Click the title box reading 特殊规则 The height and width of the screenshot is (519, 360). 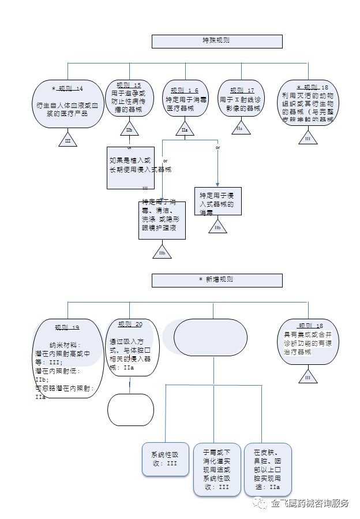[x=217, y=41]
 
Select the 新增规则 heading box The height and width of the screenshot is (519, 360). [x=217, y=280]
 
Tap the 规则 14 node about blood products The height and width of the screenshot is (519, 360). [x=67, y=104]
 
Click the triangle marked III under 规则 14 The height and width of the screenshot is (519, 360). [x=67, y=140]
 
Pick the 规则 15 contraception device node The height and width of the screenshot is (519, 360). [x=129, y=100]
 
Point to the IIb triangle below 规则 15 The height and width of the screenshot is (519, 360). [x=129, y=130]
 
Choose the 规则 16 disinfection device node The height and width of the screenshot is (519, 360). [x=184, y=100]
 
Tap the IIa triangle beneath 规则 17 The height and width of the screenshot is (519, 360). [x=239, y=128]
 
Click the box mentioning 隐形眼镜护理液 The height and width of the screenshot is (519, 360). [x=162, y=219]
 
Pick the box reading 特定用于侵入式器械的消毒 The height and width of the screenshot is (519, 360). [x=217, y=202]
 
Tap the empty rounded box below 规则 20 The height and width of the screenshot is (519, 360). [x=130, y=409]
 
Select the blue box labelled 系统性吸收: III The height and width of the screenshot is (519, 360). [x=165, y=459]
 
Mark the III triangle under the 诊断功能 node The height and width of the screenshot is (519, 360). [x=307, y=376]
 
